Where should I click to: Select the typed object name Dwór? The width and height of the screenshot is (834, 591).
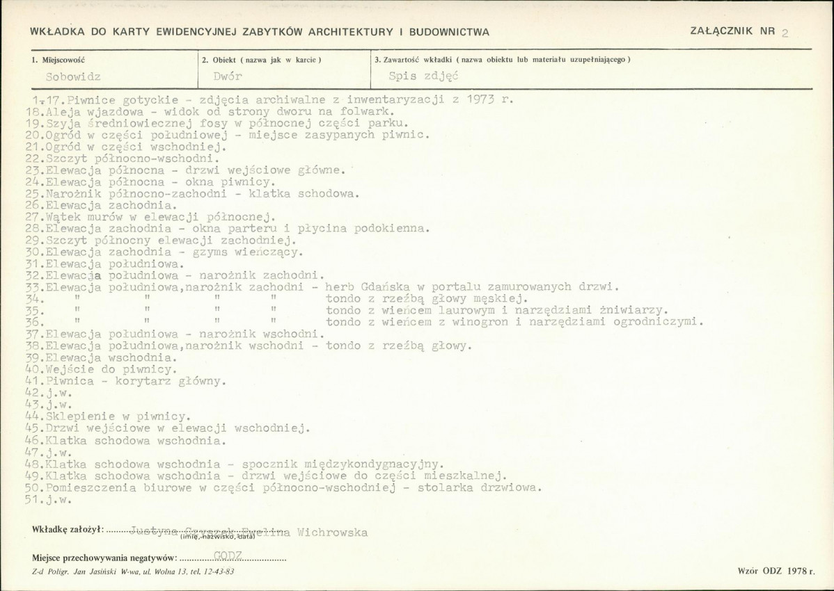coord(228,77)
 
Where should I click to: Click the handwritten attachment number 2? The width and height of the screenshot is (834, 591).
coord(785,33)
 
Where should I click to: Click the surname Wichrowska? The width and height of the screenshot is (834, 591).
coord(332,533)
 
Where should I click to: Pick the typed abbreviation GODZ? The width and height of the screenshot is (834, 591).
coord(228,555)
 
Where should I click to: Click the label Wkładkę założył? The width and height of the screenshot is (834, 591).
coord(68,530)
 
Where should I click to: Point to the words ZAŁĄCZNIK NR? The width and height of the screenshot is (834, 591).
coord(732,31)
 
